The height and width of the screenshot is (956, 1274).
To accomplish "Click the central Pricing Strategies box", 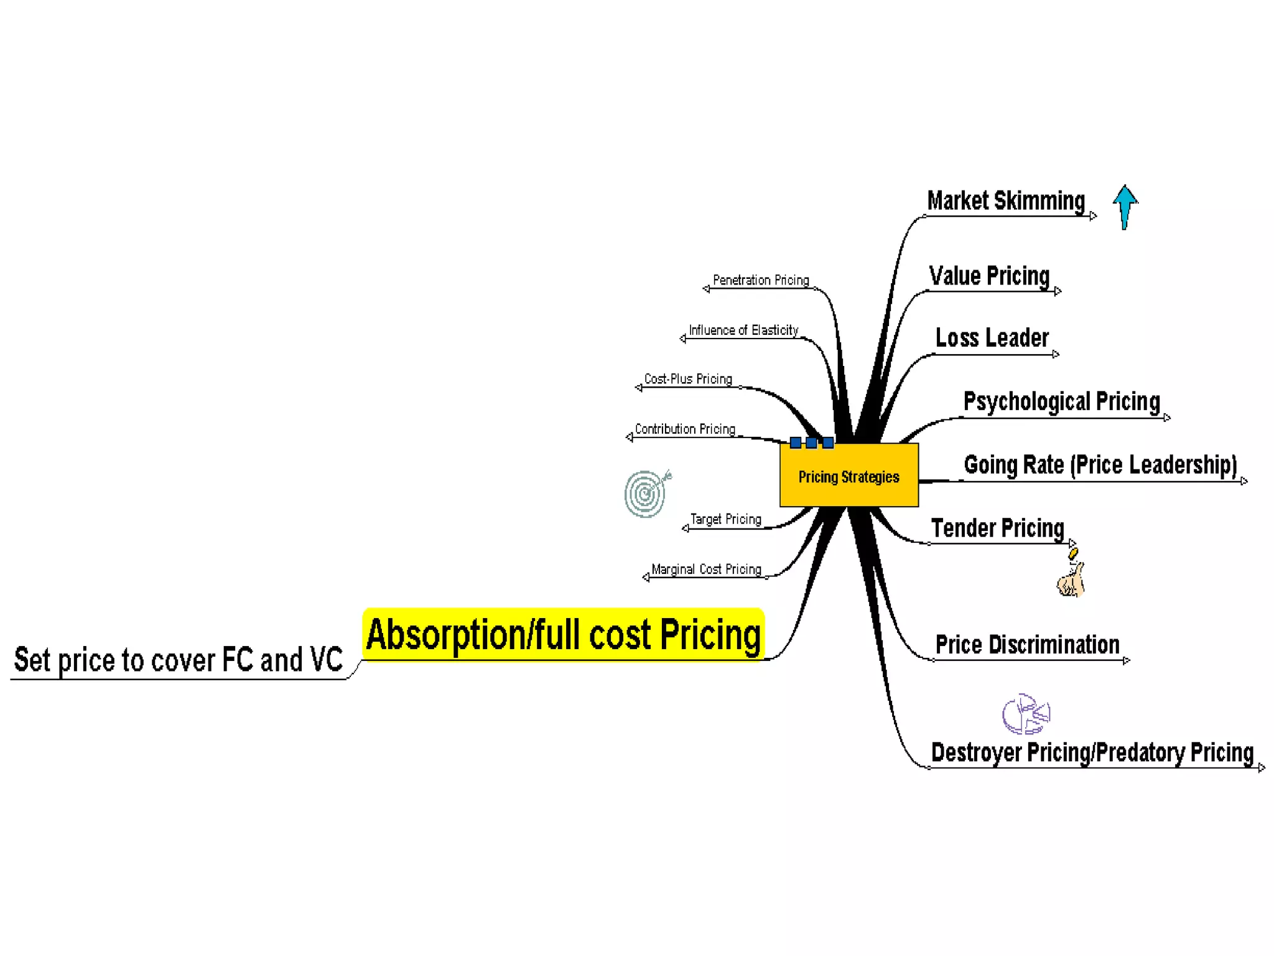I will point(849,476).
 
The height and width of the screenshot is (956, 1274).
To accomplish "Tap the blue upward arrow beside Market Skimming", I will point(1125,206).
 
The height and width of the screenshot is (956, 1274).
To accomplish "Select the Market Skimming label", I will point(1006,201).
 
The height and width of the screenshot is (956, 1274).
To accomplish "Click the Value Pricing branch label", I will point(989,276).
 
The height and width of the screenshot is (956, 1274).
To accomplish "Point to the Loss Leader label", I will point(992,338).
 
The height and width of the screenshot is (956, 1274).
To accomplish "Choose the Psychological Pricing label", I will point(1061,401).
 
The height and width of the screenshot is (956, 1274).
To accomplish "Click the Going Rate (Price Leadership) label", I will point(1100,465).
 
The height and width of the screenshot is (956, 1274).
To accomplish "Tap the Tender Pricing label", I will point(997,528).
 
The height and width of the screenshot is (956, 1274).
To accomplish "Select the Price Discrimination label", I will point(1027,645).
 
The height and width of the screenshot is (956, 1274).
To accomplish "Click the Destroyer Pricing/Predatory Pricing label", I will point(1092,752).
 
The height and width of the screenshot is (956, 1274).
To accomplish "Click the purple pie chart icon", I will point(1025,714).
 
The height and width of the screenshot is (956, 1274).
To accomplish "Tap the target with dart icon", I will point(647,494).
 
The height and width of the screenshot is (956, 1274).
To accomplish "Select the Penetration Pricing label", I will point(760,280).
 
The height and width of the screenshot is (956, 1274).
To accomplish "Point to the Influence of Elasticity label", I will point(743,330).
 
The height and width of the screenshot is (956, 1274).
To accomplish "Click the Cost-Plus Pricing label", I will point(687,379).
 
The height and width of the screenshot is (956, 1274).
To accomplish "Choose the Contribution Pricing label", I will point(684,429).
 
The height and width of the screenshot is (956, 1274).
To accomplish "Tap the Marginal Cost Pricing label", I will point(706,569).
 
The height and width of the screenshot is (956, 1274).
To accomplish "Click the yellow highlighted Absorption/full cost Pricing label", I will point(563,635).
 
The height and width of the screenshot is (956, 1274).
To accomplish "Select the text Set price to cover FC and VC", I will point(178,660).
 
